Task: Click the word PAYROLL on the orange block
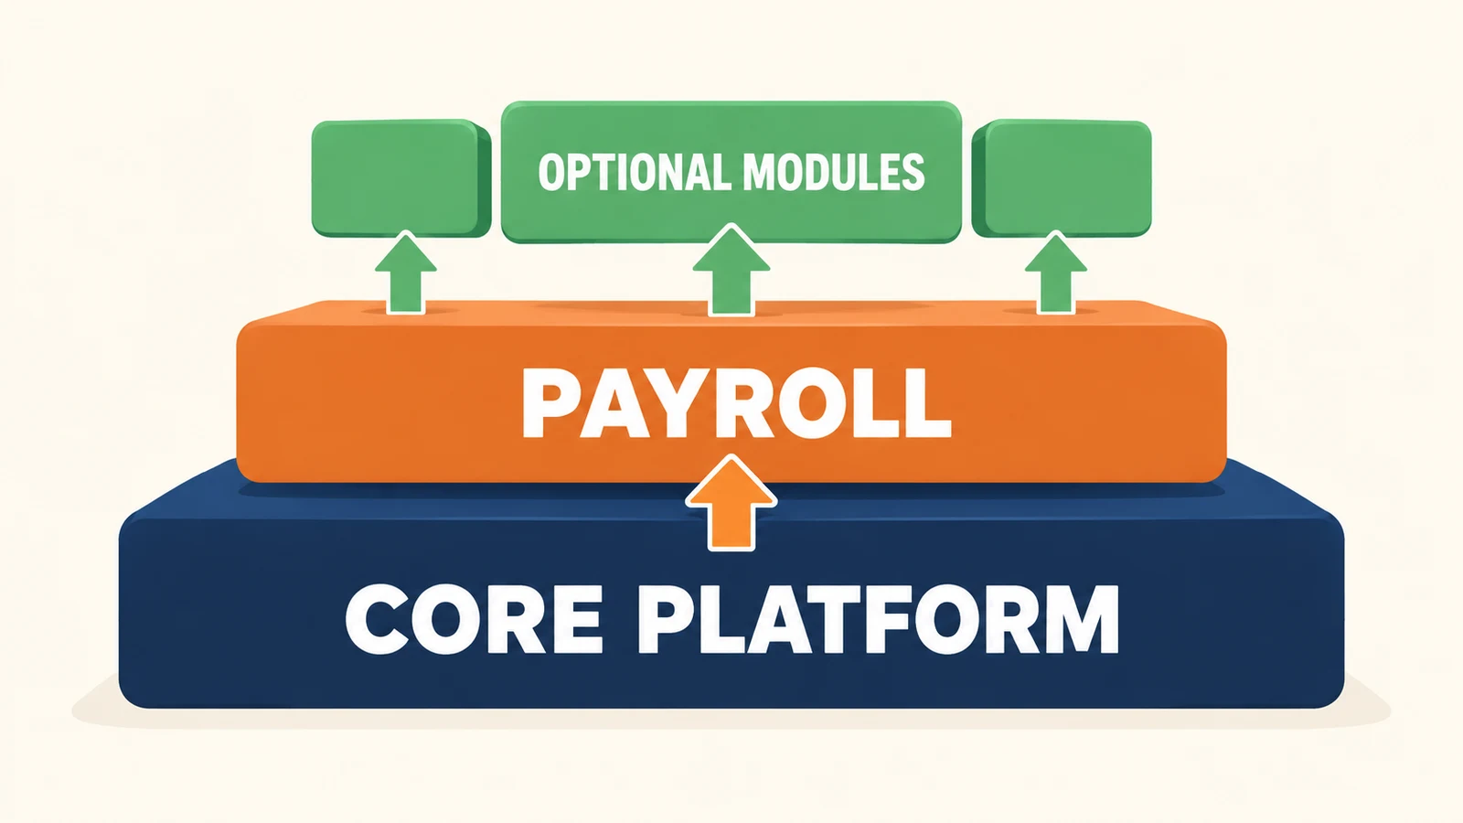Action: [736, 403]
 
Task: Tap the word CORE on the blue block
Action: [474, 619]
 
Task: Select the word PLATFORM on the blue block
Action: [878, 619]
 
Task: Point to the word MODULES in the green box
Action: [833, 172]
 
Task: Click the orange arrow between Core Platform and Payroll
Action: [731, 503]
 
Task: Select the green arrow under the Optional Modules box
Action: [731, 270]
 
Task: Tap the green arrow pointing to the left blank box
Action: [406, 273]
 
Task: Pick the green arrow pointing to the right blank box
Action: [1055, 273]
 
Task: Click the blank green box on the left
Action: [401, 178]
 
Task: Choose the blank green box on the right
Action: [1062, 178]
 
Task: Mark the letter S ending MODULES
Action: [913, 172]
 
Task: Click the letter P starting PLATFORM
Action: [667, 619]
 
